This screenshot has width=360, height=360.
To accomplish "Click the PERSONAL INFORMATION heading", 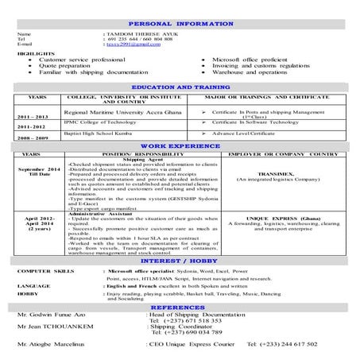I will tap(180, 24).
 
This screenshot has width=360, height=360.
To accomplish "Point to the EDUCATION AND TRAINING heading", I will tap(180, 85).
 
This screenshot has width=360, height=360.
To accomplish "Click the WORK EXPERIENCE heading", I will tap(180, 147).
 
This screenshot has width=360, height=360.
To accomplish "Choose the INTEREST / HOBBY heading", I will tap(180, 261).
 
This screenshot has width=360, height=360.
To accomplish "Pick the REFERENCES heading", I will tap(180, 307).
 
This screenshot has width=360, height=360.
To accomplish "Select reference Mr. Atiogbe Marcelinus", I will tap(54, 345).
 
